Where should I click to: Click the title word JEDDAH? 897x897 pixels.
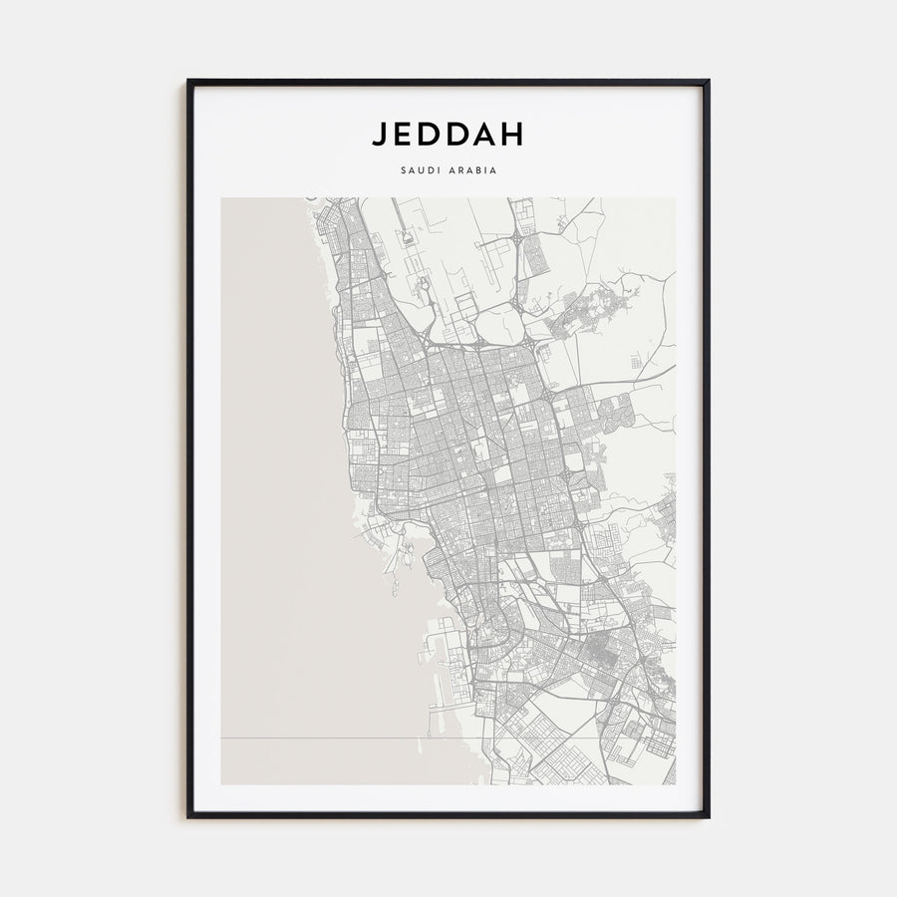tap(448, 134)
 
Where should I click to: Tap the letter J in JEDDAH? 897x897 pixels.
tap(381, 134)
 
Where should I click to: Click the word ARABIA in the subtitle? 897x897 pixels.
tap(472, 169)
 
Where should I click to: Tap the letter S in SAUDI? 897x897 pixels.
tap(403, 169)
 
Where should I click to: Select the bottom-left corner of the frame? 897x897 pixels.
tap(188, 817)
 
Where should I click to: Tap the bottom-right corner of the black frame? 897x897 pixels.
tap(709, 817)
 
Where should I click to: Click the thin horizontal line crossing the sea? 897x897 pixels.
tap(319, 739)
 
